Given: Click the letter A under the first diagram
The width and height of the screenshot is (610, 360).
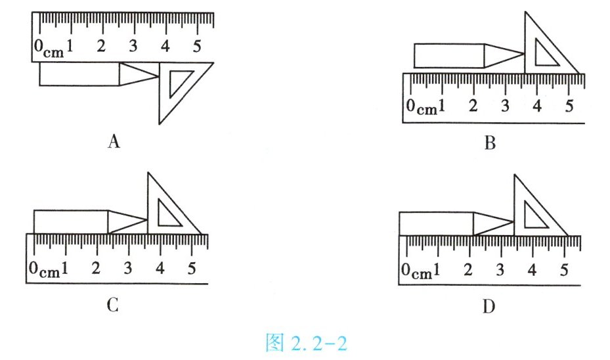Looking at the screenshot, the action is (x=114, y=141).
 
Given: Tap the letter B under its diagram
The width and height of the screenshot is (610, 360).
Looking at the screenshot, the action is (x=490, y=143).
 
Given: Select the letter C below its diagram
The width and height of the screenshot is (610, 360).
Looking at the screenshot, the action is (x=112, y=305).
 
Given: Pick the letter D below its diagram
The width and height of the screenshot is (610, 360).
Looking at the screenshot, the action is (x=489, y=307).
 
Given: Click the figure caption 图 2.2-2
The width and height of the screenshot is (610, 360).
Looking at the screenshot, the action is (x=306, y=342).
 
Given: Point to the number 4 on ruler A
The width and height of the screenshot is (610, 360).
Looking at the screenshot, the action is (x=165, y=46).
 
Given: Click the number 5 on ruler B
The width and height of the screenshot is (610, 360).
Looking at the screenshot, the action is (x=569, y=106).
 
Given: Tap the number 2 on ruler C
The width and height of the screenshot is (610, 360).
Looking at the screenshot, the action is (x=96, y=268).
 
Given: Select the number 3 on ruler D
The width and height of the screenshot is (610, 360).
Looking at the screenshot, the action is (x=500, y=270).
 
